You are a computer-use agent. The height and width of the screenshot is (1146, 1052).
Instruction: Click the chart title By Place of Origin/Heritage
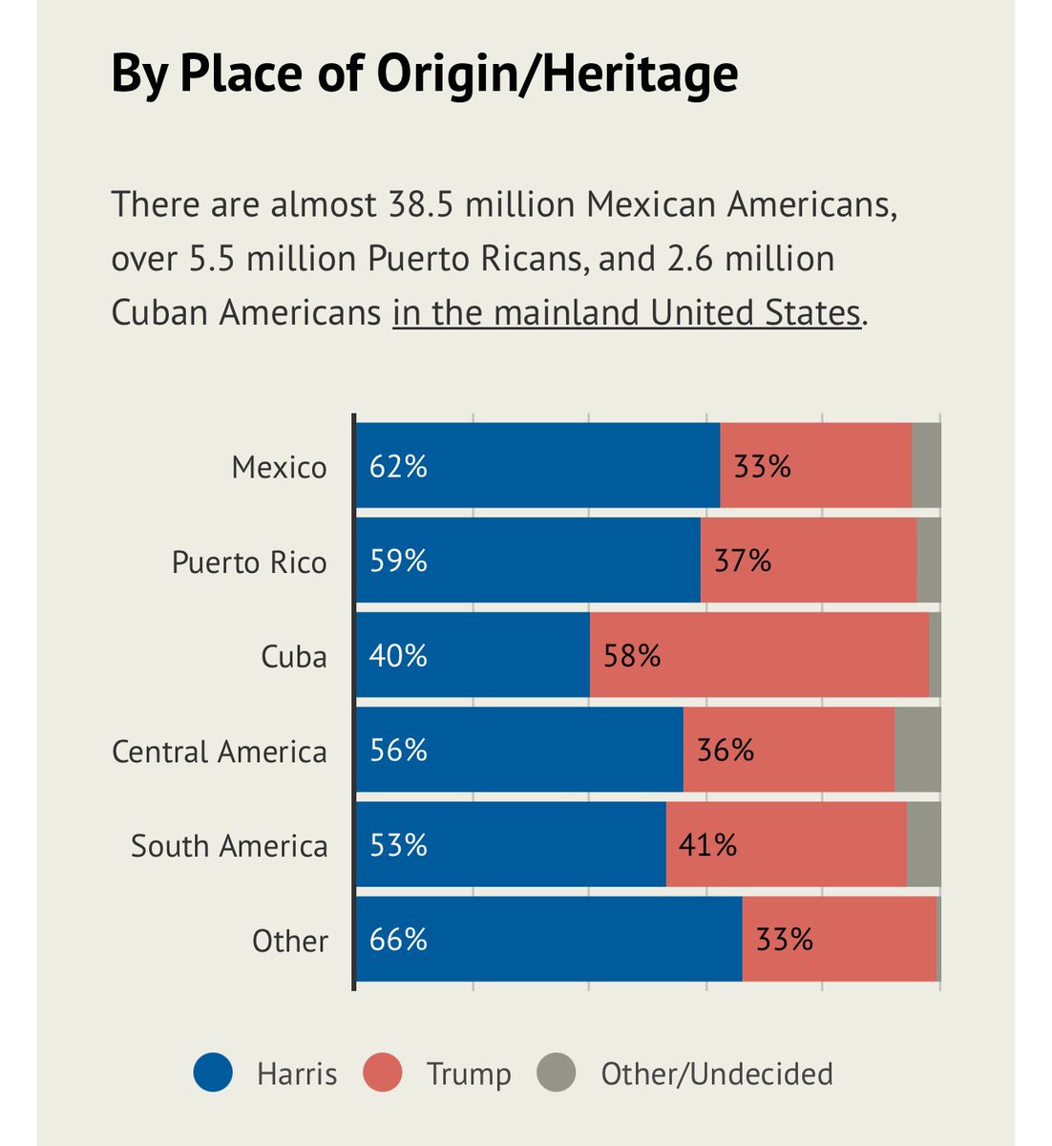tap(424, 74)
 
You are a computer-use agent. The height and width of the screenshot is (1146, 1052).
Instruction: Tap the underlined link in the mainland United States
tap(626, 313)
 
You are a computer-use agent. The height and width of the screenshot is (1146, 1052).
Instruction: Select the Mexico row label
tap(279, 467)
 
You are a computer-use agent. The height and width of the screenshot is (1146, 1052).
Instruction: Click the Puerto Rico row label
tap(249, 562)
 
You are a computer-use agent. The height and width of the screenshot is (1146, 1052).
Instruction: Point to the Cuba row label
tap(294, 657)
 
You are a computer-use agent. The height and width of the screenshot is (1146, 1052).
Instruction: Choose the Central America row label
tap(220, 752)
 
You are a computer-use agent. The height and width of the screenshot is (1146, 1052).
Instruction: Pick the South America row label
tap(229, 846)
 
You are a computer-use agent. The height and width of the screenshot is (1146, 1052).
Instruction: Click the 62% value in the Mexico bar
tap(398, 467)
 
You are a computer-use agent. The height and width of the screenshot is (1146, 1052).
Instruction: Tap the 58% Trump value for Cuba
tap(632, 656)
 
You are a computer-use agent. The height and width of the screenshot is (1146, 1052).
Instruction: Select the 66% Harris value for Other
tap(398, 940)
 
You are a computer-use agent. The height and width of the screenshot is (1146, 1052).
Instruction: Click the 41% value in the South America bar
tap(707, 845)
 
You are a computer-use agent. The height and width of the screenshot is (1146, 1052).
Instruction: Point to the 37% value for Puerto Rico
tap(743, 561)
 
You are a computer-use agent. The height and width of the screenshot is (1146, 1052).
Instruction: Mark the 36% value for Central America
tap(726, 751)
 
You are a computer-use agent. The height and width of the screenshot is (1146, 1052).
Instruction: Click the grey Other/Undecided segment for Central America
tap(917, 751)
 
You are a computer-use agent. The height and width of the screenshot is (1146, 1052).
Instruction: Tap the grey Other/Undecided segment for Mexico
tap(926, 467)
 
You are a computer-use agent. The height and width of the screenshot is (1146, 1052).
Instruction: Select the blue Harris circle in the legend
tap(212, 1072)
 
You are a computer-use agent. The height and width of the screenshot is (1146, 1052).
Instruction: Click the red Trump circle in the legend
tap(383, 1072)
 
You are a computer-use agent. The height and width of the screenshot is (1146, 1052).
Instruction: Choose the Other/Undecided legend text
tap(716, 1073)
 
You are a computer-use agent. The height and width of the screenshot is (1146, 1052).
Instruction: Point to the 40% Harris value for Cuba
tap(398, 656)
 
